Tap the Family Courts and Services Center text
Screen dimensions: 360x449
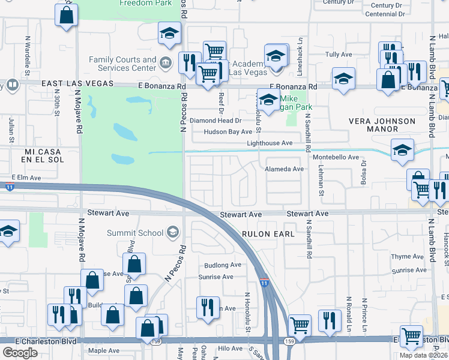click(x=122, y=64)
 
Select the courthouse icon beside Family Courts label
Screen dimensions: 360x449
click(x=165, y=62)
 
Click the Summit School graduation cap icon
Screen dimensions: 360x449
click(x=172, y=233)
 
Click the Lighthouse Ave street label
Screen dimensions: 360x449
click(x=270, y=143)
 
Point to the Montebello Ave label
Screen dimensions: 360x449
click(x=336, y=157)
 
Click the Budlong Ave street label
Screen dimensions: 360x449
click(x=222, y=265)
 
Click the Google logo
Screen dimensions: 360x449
click(x=20, y=353)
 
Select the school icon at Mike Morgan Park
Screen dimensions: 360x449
click(x=268, y=99)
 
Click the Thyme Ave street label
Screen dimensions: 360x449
click(x=403, y=257)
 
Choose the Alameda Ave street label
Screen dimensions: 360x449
click(x=285, y=169)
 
